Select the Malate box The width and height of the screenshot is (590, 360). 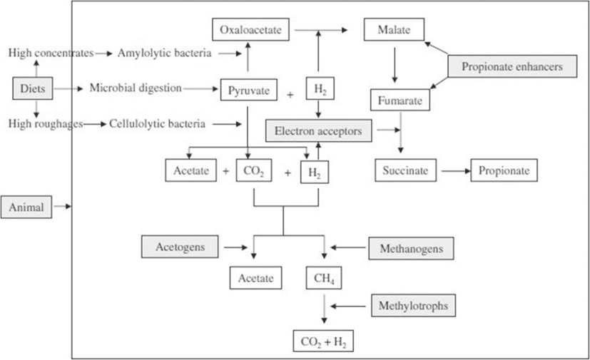click(x=394, y=30)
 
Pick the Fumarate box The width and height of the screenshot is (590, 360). click(x=401, y=101)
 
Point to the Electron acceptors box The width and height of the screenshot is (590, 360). click(x=318, y=130)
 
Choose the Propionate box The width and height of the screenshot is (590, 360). click(x=504, y=171)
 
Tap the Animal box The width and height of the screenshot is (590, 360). click(x=26, y=207)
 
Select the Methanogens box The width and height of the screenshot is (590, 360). click(x=411, y=249)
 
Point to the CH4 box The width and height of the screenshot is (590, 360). click(x=322, y=277)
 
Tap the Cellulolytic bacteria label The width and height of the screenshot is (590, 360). click(x=157, y=124)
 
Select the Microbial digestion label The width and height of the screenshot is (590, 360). click(x=136, y=88)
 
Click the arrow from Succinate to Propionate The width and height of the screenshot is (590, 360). click(x=455, y=171)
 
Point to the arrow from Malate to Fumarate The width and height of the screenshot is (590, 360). click(x=394, y=64)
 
